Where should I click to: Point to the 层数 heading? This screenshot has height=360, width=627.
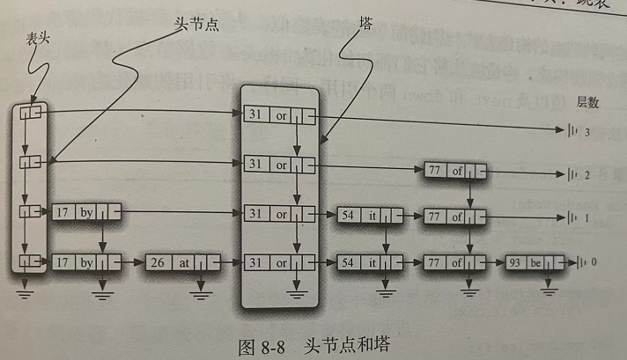(587, 102)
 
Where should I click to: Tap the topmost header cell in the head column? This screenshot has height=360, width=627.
(32, 114)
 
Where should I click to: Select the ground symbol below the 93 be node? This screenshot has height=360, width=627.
(550, 288)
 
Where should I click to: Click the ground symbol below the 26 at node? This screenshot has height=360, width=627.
(205, 288)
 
